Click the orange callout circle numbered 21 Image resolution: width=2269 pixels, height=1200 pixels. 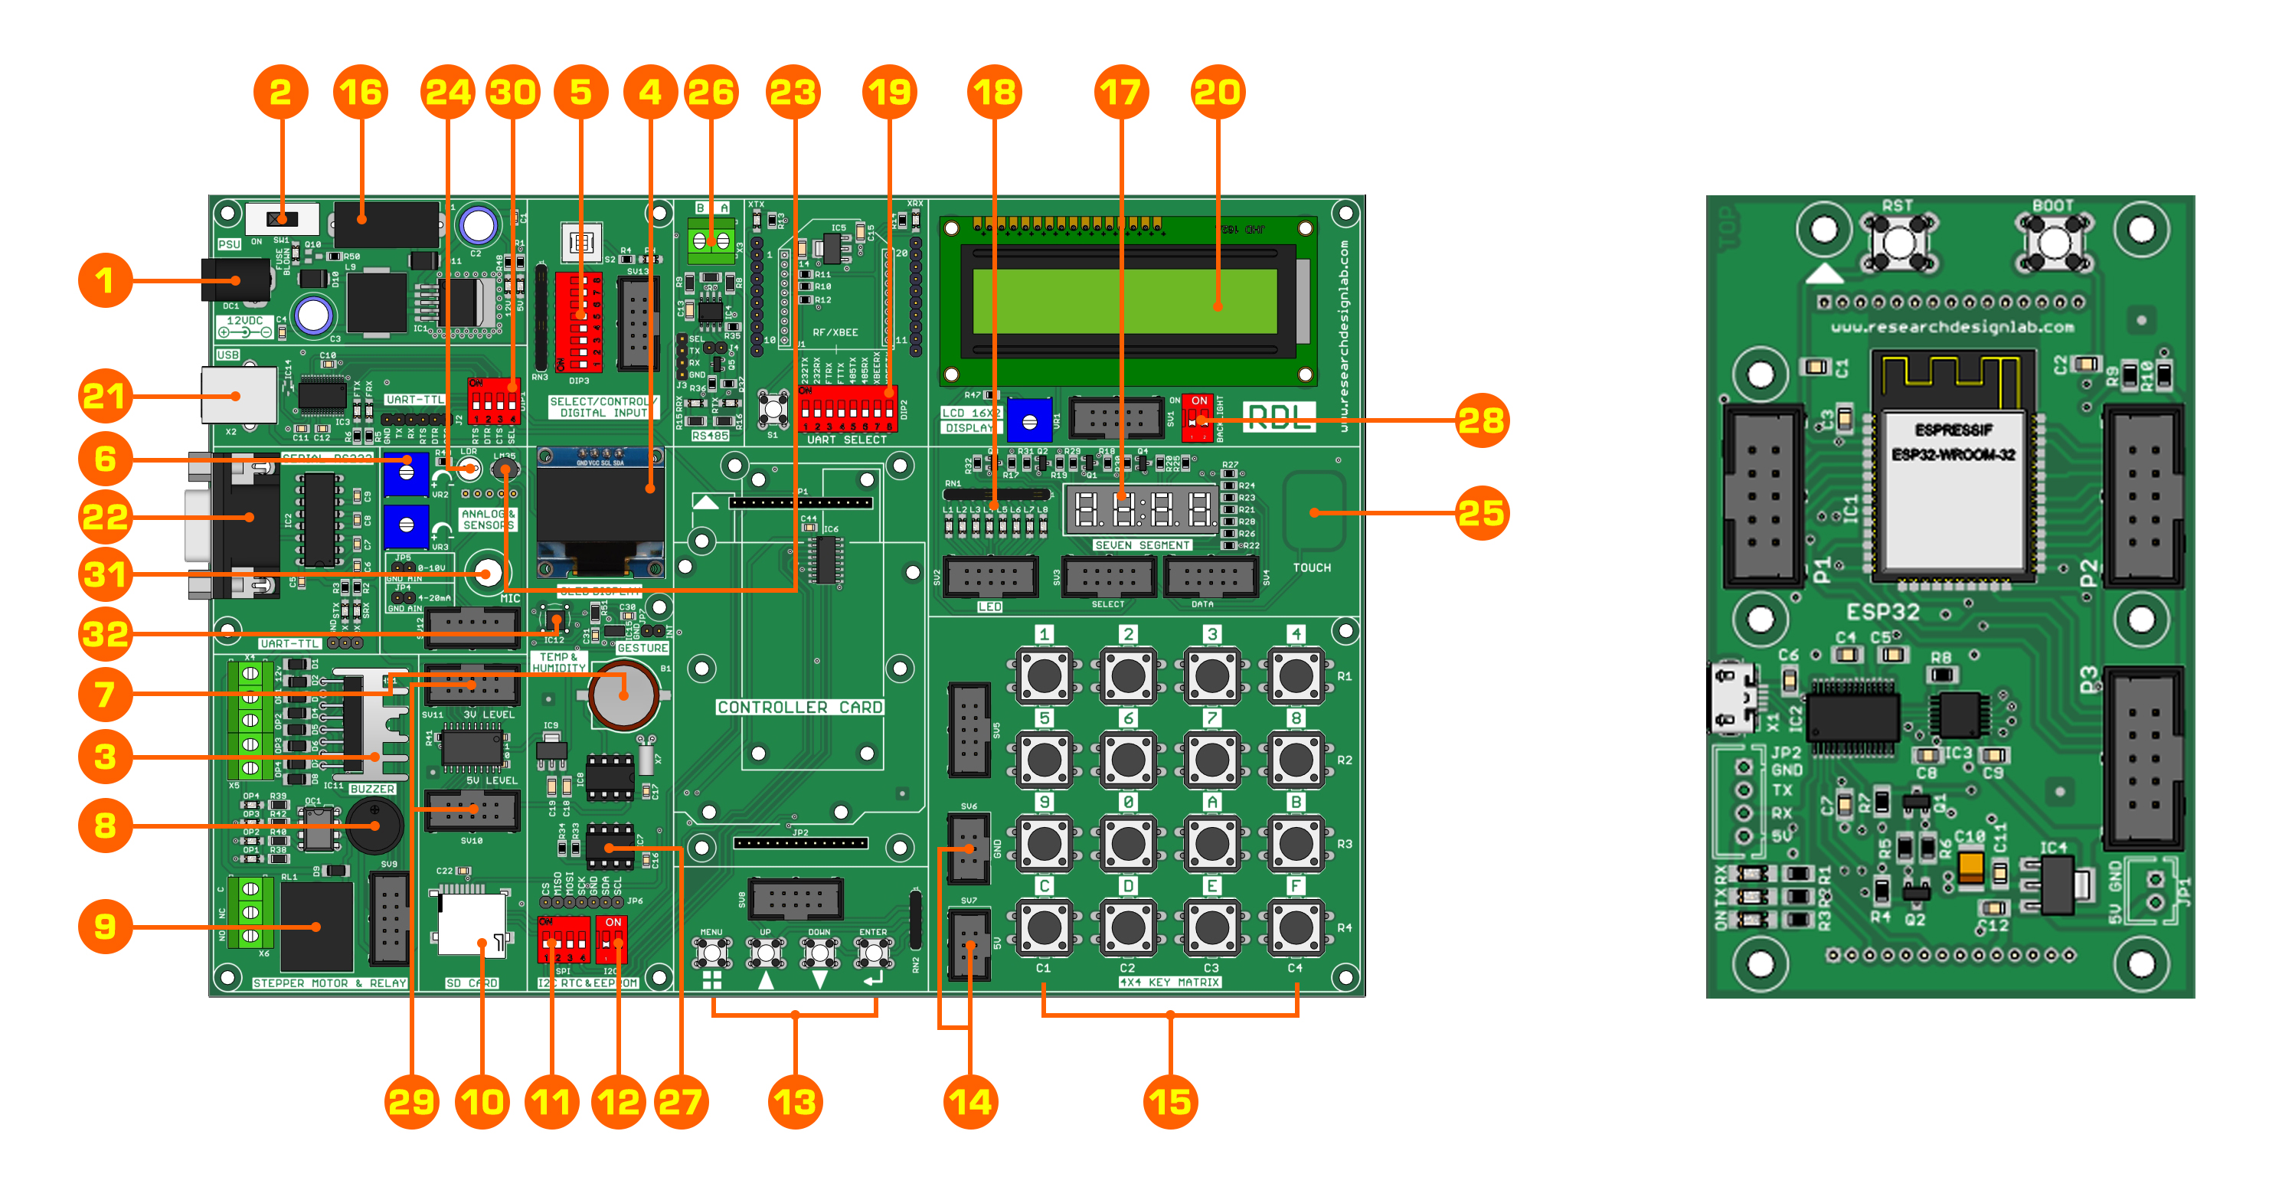105,396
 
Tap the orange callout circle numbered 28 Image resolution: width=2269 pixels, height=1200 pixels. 1482,420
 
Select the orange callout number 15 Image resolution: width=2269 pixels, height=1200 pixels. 1171,1101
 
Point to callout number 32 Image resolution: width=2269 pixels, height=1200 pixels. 105,633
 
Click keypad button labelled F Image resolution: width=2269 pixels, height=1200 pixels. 1296,926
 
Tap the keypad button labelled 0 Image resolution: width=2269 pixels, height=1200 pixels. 1128,842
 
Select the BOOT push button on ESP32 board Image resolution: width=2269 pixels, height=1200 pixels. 2053,242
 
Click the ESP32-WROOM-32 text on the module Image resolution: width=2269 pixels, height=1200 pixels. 1953,455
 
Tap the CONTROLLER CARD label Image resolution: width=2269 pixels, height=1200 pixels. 799,707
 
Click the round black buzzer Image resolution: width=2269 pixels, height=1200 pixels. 374,826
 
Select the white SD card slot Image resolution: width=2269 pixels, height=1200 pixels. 472,924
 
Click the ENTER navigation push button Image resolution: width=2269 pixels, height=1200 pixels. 873,953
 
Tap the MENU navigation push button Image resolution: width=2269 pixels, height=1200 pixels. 711,953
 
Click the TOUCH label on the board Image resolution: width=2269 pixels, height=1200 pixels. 1312,567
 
